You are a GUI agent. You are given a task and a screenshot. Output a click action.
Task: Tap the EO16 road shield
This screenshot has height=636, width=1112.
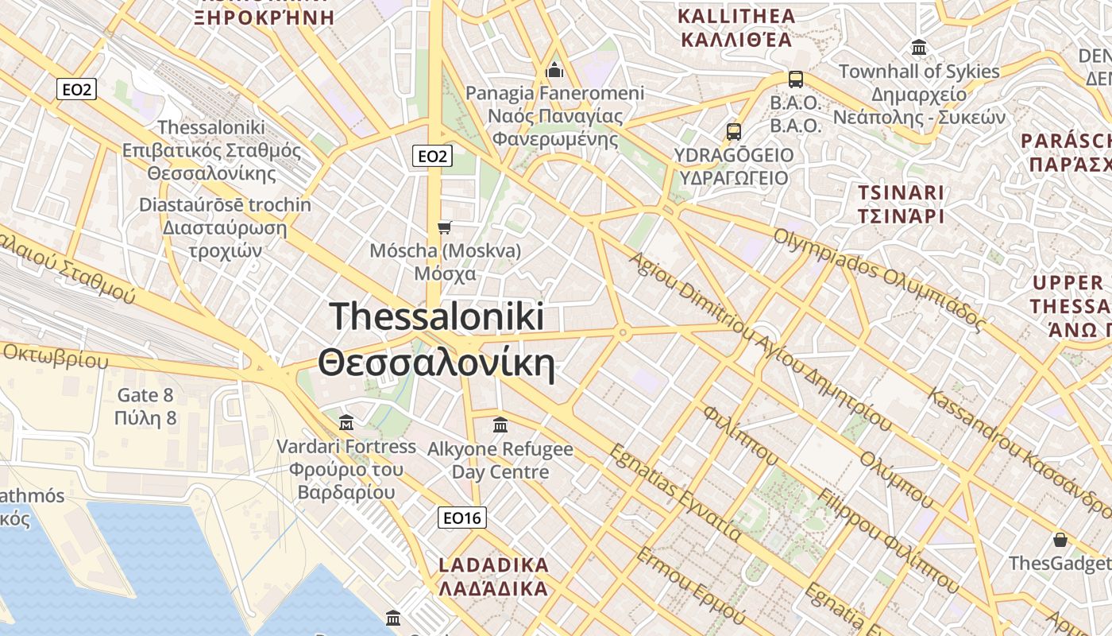pyautogui.click(x=462, y=518)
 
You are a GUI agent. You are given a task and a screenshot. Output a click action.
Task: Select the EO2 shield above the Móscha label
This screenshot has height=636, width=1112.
pyautogui.click(x=432, y=157)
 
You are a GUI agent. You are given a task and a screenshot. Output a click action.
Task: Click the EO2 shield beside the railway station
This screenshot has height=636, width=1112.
pyautogui.click(x=77, y=89)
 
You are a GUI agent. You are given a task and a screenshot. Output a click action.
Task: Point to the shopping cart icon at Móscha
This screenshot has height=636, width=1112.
pyautogui.click(x=445, y=228)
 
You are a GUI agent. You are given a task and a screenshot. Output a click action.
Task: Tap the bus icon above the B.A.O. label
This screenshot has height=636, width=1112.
pyautogui.click(x=795, y=79)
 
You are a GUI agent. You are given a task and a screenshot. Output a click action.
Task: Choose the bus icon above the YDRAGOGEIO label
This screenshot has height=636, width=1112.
pyautogui.click(x=733, y=131)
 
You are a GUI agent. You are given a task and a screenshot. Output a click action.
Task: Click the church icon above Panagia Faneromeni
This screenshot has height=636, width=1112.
pyautogui.click(x=554, y=71)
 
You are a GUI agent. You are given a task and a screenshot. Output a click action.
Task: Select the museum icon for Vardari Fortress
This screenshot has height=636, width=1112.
pyautogui.click(x=346, y=422)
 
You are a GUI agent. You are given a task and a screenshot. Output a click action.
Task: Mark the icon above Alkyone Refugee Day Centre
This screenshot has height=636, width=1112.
pyautogui.click(x=500, y=425)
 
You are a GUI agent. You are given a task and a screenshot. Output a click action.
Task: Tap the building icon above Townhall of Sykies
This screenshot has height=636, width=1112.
pyautogui.click(x=919, y=48)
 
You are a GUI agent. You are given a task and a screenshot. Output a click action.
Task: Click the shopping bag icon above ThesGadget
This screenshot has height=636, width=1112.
pyautogui.click(x=1060, y=541)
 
